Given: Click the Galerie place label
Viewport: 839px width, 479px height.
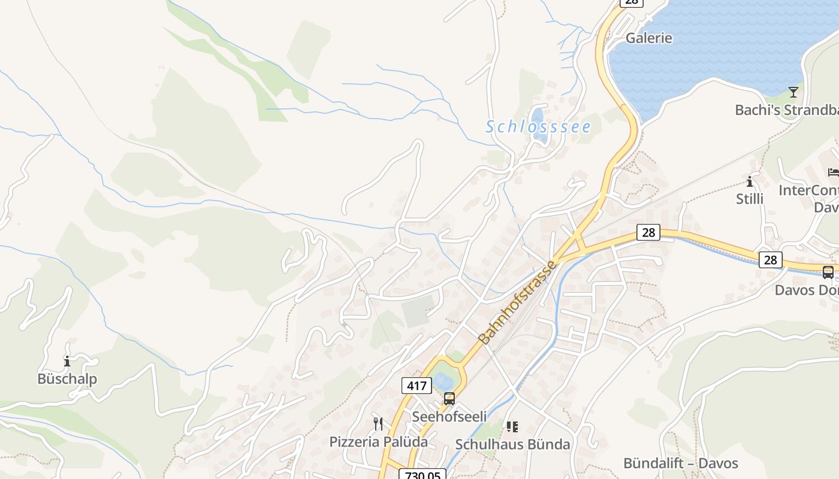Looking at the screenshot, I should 648,38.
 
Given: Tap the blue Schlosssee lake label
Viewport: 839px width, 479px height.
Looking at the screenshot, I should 538,127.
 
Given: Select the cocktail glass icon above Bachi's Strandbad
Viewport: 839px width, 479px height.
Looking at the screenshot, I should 793,92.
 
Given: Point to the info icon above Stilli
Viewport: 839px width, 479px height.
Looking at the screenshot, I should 750,181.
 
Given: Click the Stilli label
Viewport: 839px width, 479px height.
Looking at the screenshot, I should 750,198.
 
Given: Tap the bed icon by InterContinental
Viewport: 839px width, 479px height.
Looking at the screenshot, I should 833,172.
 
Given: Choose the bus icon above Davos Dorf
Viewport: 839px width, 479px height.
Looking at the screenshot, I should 828,272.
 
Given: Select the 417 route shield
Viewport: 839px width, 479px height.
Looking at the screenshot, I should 417,386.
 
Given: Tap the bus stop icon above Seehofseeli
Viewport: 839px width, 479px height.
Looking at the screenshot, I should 449,399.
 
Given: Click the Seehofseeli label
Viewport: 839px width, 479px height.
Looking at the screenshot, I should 449,416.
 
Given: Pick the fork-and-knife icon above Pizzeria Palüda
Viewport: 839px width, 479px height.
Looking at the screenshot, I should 378,424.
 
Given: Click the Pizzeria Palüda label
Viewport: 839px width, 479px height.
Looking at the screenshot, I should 378,442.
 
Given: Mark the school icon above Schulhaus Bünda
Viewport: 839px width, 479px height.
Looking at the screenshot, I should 512,427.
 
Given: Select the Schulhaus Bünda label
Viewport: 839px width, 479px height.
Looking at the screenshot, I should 512,444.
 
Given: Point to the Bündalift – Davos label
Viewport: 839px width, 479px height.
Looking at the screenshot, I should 681,463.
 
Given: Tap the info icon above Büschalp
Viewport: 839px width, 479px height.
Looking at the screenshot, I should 67,362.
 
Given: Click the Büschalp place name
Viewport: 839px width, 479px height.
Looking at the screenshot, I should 67,378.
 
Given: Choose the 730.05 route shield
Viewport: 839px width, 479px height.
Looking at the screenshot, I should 422,475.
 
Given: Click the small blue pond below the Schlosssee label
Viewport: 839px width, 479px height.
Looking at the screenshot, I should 538,115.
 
